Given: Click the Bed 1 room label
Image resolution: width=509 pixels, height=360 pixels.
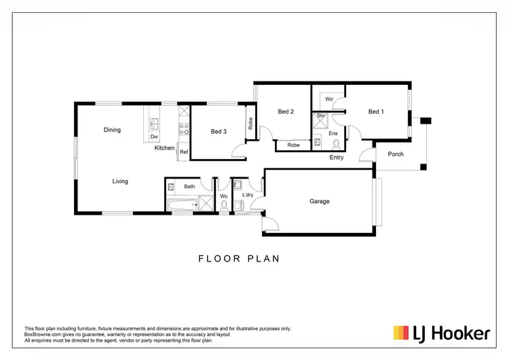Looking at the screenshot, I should pos(376,112).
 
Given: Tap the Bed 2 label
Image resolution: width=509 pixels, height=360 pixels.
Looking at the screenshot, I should pos(286,112).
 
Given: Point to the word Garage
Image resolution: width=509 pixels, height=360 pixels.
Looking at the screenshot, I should pos(320,201).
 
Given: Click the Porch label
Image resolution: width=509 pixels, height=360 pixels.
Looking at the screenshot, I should pos(396,154).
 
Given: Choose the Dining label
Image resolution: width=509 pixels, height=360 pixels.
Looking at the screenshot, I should pos(112,130).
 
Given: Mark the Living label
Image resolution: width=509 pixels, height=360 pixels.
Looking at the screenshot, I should pos(120,181).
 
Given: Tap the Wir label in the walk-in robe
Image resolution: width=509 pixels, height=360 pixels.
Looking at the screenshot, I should pos(328,99).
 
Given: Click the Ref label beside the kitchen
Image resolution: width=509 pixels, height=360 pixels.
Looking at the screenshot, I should pos(183,153).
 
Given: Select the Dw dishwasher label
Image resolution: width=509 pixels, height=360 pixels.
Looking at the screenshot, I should pos(154,137).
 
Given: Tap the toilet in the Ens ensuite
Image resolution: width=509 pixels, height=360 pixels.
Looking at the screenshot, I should pos(318,143).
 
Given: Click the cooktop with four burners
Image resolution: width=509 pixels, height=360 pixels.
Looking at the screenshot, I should pos(183,127).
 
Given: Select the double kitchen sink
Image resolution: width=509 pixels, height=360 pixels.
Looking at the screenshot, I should pos(154,124).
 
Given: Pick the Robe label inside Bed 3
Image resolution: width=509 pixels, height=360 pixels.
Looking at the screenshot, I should pos(250,124).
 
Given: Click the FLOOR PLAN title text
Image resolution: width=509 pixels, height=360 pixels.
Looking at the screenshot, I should pos(239,258).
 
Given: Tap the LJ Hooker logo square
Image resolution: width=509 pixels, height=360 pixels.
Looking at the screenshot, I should pos(400,333).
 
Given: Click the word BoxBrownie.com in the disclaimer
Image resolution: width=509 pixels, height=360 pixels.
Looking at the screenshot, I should pos(41,334).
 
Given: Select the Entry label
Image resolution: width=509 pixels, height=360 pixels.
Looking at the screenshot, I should pos(336,158).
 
